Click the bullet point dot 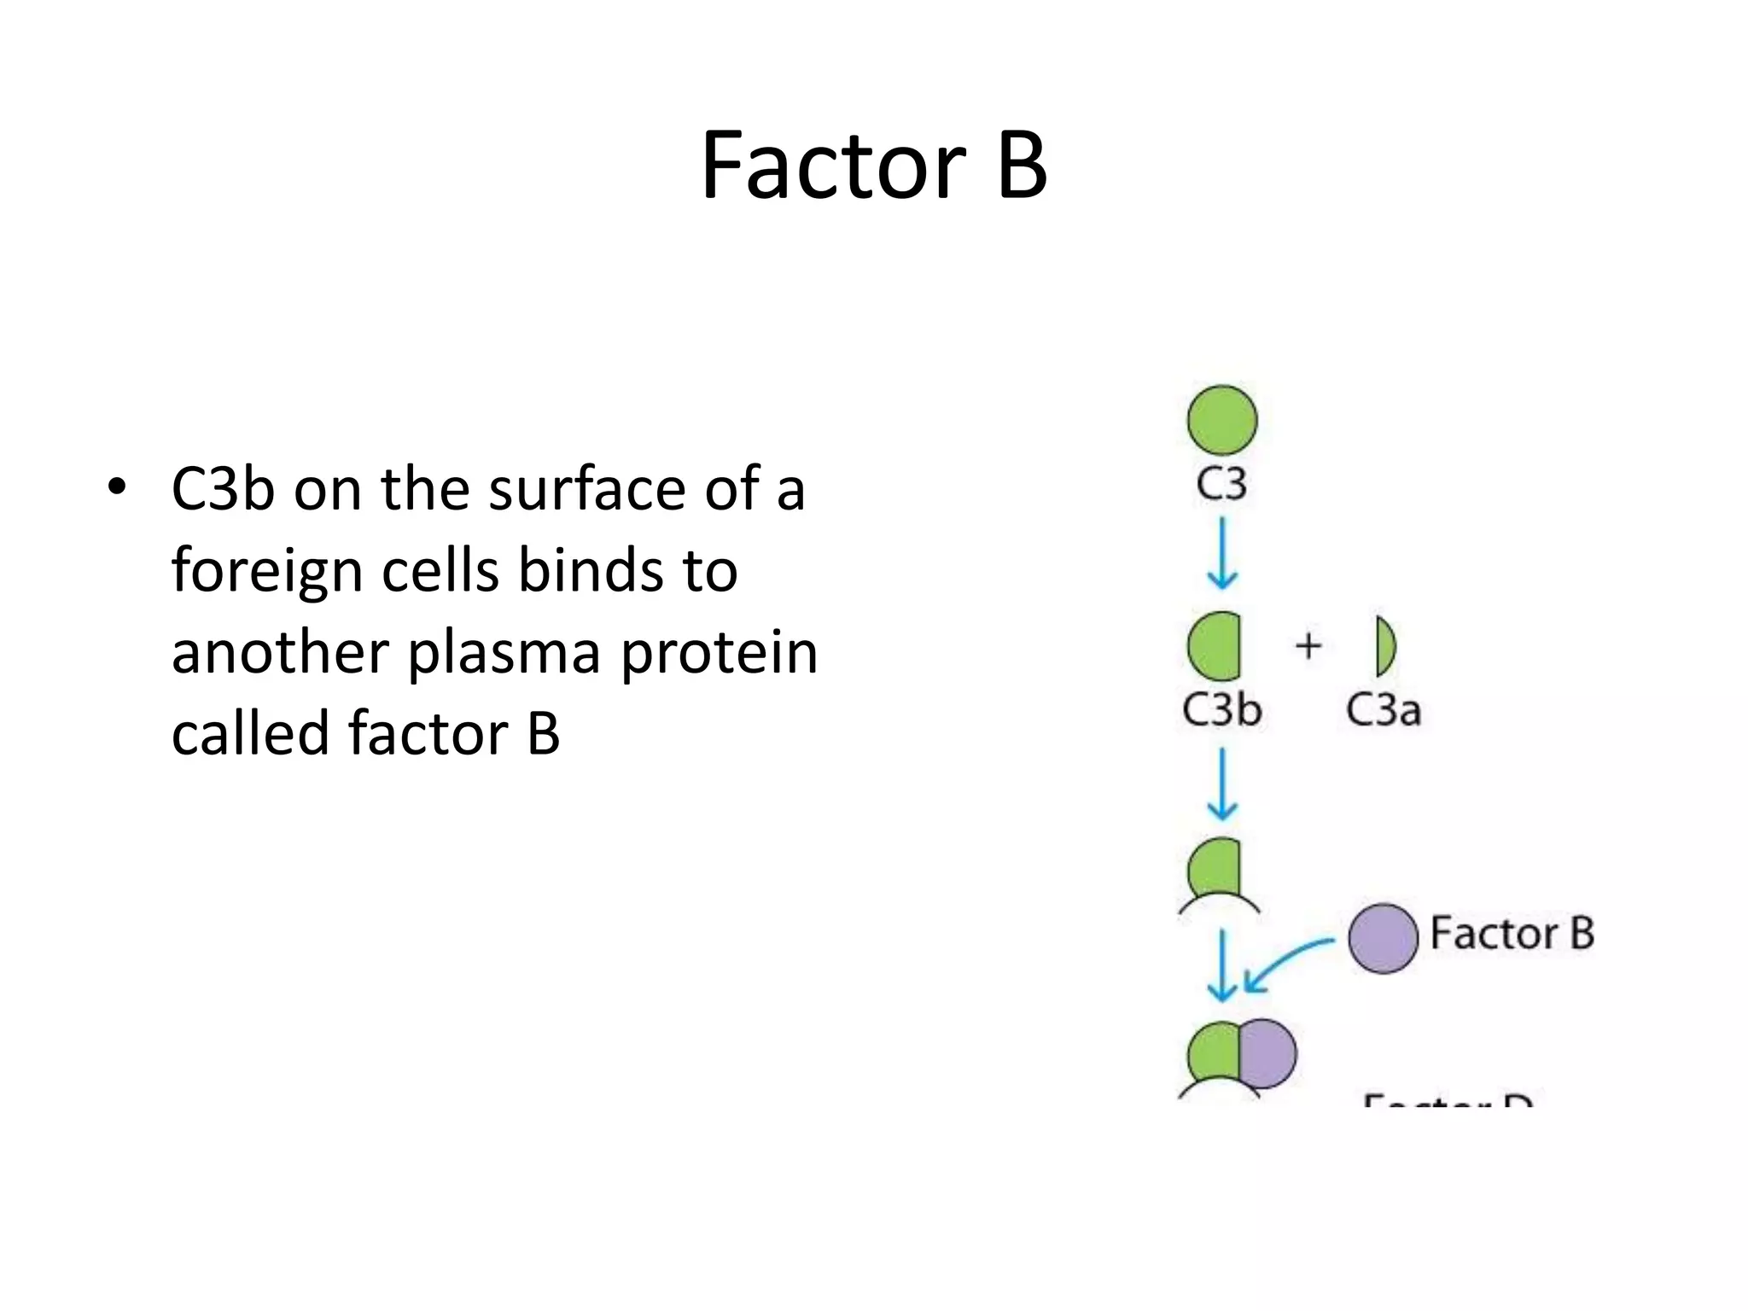pyautogui.click(x=117, y=487)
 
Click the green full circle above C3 pyautogui.click(x=1222, y=420)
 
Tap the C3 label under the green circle pyautogui.click(x=1221, y=484)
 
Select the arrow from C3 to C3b pyautogui.click(x=1222, y=554)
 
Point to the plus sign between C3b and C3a pyautogui.click(x=1308, y=645)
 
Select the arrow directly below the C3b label pyautogui.click(x=1222, y=784)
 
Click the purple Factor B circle pyautogui.click(x=1383, y=939)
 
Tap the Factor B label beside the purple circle pyautogui.click(x=1512, y=933)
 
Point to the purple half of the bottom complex pyautogui.click(x=1268, y=1054)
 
